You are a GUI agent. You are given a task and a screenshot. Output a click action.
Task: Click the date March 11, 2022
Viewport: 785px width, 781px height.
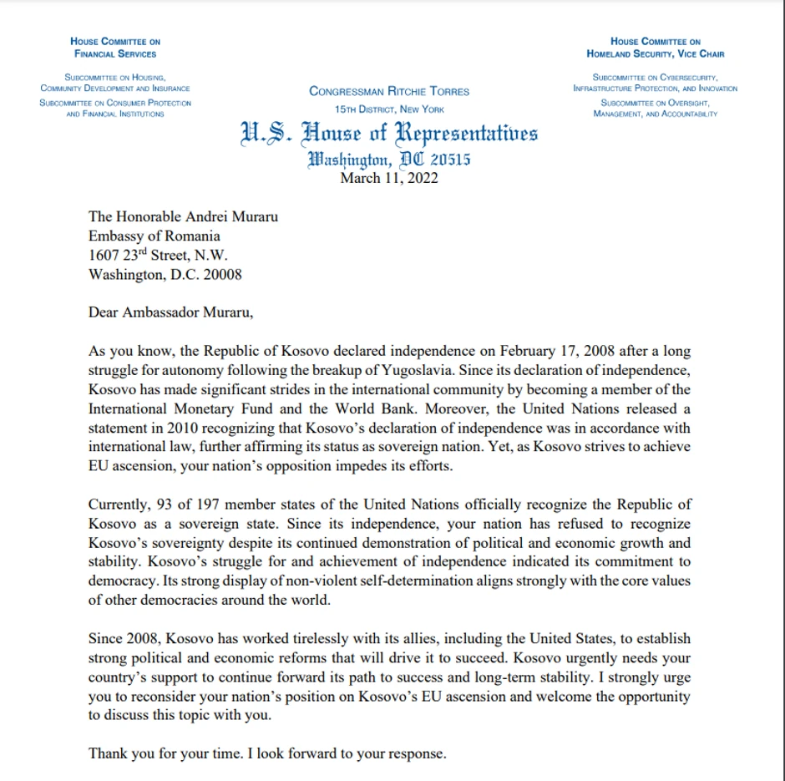389,177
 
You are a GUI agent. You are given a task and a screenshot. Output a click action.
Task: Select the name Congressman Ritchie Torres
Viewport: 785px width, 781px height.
389,91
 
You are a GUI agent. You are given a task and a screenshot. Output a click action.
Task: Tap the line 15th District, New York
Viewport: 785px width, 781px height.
389,109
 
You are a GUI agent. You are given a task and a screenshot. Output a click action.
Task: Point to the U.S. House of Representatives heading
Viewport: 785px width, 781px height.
389,134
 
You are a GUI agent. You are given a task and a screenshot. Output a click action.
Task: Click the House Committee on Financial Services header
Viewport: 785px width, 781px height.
115,48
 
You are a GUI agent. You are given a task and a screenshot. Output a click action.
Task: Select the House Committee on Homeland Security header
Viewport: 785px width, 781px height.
656,48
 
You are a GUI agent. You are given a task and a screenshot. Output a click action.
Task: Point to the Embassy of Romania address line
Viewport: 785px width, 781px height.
154,236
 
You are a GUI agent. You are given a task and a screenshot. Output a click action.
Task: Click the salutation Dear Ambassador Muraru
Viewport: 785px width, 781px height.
170,313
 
